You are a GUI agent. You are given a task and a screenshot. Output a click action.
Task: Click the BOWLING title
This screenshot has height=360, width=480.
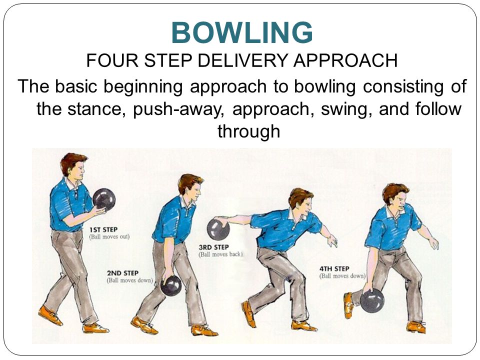click(x=242, y=33)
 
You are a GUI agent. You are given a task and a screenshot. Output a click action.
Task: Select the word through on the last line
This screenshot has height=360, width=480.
click(x=249, y=131)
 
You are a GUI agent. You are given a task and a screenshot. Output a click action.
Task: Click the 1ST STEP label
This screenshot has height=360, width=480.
click(x=103, y=230)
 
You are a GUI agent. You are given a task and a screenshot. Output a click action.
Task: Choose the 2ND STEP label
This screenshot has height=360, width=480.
click(x=122, y=273)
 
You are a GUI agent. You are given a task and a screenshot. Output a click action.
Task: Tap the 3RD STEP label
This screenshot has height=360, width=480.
click(x=213, y=247)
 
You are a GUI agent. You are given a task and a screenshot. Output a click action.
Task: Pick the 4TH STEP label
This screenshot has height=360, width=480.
click(x=334, y=269)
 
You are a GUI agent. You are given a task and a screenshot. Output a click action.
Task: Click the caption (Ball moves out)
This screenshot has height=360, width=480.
click(x=109, y=237)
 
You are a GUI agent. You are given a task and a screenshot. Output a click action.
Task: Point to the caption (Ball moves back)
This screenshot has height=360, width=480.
click(x=220, y=254)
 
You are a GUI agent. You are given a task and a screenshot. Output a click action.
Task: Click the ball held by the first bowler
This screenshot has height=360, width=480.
click(x=104, y=199)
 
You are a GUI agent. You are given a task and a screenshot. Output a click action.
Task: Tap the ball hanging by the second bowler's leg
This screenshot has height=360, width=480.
click(x=171, y=285)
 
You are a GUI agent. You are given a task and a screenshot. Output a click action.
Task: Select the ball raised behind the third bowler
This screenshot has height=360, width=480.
click(x=218, y=229)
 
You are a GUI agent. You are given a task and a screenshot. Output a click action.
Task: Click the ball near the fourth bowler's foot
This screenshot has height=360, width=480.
click(x=372, y=300)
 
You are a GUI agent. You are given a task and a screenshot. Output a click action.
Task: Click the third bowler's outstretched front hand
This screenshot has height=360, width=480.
click(x=332, y=241)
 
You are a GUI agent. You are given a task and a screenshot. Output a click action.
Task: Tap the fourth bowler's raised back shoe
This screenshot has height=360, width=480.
click(x=348, y=305)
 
